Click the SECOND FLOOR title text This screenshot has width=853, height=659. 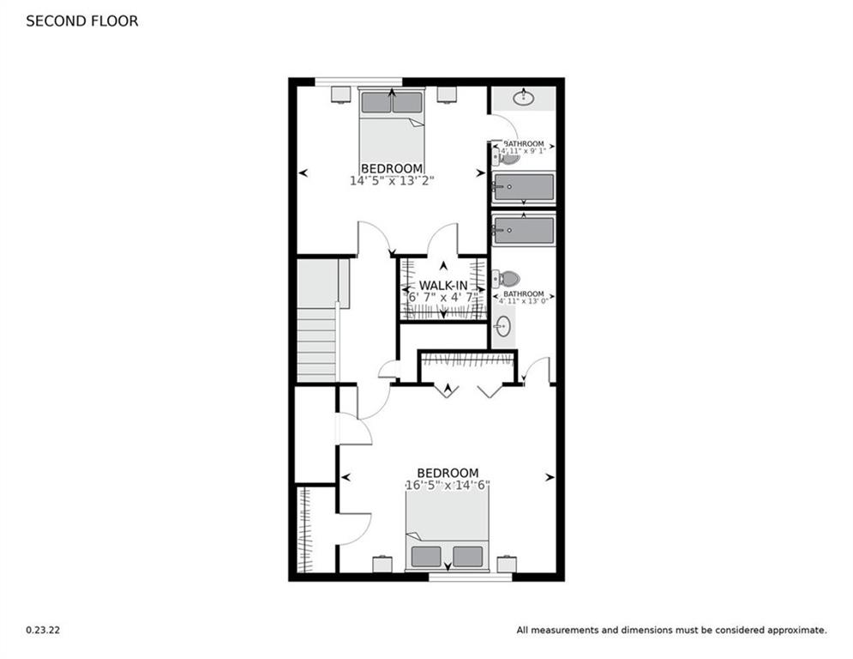click(x=81, y=21)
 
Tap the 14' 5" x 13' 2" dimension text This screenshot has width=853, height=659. click(x=392, y=181)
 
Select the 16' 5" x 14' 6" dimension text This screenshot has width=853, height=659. click(x=448, y=486)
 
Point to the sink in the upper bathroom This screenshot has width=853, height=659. click(x=522, y=99)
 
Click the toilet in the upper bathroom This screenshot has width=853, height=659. click(x=508, y=157)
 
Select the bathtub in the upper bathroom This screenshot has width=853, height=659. click(x=523, y=187)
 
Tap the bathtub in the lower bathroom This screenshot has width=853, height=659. click(x=523, y=229)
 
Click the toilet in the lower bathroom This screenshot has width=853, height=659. click(x=507, y=279)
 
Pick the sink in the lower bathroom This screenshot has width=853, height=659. click(x=503, y=326)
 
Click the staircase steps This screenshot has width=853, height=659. click(x=316, y=343)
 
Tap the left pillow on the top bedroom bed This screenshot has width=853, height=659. click(x=375, y=102)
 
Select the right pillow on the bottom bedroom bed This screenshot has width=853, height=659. click(x=467, y=556)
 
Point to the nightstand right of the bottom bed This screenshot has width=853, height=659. click(x=507, y=564)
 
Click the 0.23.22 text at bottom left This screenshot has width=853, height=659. click(x=43, y=630)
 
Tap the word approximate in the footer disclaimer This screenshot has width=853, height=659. click(x=796, y=630)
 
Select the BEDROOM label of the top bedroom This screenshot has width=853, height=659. click(x=392, y=168)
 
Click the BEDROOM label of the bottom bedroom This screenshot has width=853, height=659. click(x=448, y=473)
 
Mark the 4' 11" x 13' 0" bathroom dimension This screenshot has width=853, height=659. click(x=523, y=301)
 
